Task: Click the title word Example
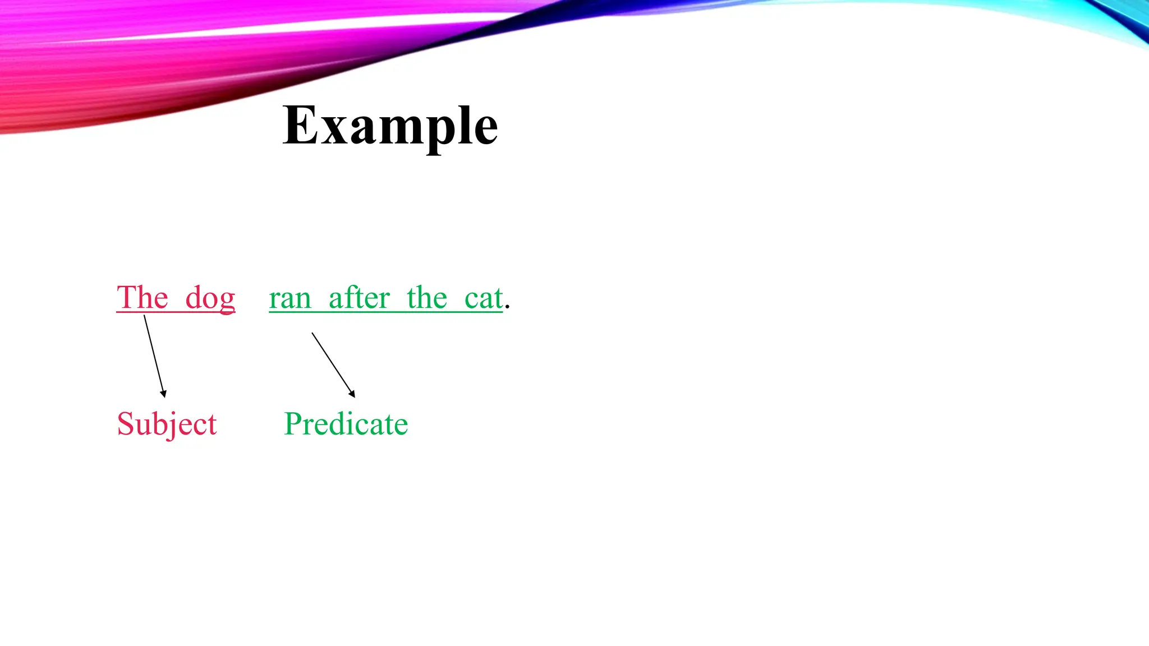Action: [x=390, y=126]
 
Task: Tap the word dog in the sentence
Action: [x=210, y=298]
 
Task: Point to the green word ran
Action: [x=290, y=299]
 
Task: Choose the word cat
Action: [x=483, y=298]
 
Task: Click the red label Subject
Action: [x=167, y=424]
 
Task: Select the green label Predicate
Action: [x=346, y=423]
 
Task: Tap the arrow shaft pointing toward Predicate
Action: [x=332, y=363]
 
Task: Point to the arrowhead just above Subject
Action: [x=163, y=394]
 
